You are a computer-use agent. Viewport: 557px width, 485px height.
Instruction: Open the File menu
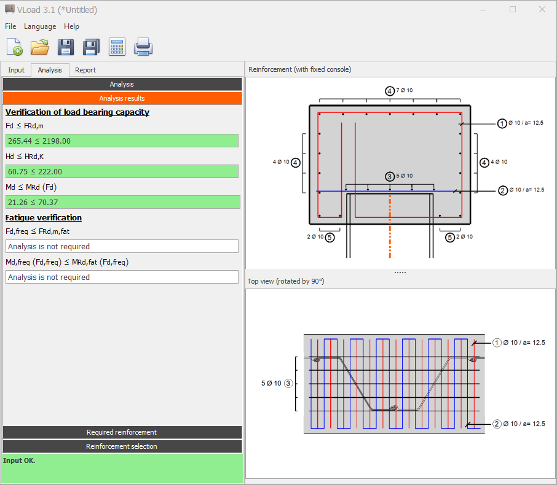[10, 26]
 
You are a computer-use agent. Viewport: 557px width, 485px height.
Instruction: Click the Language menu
[40, 26]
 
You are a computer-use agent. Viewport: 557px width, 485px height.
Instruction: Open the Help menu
[71, 26]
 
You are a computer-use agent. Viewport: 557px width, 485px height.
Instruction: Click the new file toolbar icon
[15, 47]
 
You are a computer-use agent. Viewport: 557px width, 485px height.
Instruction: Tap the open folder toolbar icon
[40, 47]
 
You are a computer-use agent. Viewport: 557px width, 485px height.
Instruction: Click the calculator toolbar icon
[117, 47]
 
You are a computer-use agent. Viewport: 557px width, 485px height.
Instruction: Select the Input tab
[17, 70]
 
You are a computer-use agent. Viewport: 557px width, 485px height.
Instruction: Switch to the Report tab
[85, 70]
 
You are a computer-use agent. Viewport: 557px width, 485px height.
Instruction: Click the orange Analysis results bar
[122, 98]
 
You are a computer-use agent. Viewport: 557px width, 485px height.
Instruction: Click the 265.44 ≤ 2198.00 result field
[122, 141]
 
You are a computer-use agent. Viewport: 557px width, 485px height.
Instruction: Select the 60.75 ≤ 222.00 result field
[122, 171]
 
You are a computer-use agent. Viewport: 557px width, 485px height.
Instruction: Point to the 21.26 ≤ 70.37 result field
[122, 202]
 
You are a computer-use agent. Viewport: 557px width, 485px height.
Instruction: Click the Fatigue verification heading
[44, 217]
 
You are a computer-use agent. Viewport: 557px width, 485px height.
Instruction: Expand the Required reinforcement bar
[122, 432]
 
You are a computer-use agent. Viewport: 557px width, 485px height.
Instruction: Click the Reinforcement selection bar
[122, 446]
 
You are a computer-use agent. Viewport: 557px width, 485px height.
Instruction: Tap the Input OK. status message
[19, 460]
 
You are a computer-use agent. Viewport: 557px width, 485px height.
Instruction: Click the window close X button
[542, 10]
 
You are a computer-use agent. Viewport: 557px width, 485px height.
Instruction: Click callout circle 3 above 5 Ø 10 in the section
[390, 176]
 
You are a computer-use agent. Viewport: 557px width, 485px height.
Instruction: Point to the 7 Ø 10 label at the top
[405, 90]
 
